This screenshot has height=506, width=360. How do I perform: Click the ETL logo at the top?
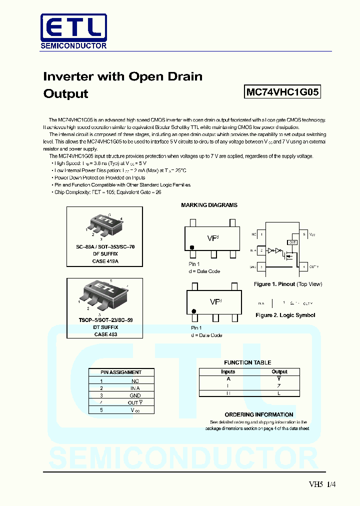tap(73, 31)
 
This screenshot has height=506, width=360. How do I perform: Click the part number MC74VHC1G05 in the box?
tap(282, 92)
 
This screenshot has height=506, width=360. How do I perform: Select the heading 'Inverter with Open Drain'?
tap(123, 76)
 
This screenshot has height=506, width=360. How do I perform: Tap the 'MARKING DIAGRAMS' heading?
tap(209, 205)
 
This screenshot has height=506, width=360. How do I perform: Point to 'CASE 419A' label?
tap(105, 261)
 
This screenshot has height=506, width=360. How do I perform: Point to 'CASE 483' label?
tap(105, 334)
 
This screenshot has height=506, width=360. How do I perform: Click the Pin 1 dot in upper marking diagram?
tap(191, 247)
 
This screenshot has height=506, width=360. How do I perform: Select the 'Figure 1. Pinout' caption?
tap(288, 284)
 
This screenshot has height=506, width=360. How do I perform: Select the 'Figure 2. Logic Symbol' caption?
tap(285, 315)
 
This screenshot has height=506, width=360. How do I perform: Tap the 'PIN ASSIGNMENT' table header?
tap(121, 372)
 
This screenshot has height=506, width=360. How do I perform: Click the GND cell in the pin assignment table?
tap(134, 395)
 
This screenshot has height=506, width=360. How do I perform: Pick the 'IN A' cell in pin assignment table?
tap(134, 388)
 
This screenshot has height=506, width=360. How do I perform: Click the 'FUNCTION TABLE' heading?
tap(247, 362)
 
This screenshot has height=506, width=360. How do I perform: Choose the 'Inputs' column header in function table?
tap(228, 371)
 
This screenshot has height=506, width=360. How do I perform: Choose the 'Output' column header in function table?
tap(279, 371)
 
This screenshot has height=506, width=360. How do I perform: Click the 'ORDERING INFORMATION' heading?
tap(259, 414)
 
